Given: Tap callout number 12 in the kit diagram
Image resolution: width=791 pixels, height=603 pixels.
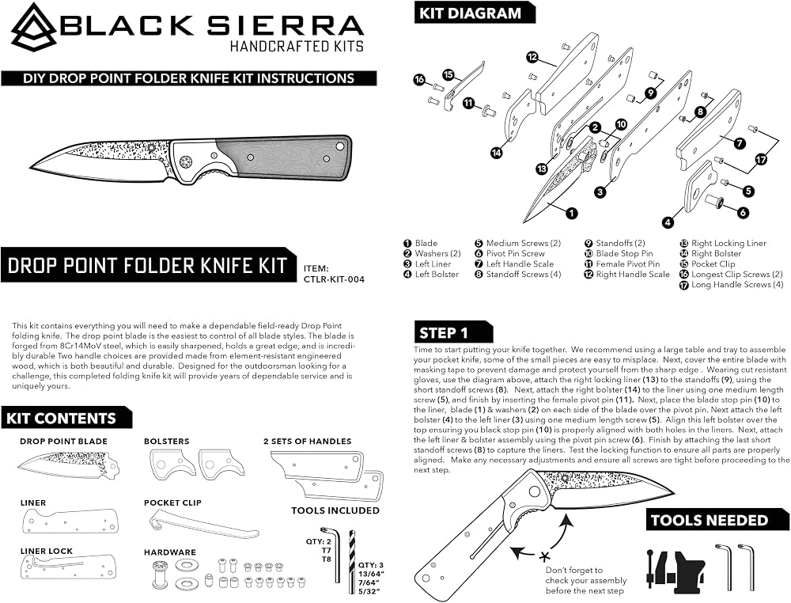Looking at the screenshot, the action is coord(532,56).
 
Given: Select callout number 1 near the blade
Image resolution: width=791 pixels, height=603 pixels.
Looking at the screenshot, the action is coord(571,214).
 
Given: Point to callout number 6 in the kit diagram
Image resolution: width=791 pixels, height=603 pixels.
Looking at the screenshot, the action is coord(743,212).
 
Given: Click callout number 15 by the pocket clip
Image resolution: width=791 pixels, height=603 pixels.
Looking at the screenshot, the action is coord(448,74).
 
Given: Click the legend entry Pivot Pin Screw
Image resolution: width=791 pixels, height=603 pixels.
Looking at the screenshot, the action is coord(510,254).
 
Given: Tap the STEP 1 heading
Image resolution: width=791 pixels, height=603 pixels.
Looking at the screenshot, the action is coord(444,333).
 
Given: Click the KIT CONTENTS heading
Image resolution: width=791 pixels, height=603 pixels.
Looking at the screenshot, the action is coord(61,419).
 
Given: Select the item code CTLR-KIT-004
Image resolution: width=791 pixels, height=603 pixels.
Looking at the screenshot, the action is coord(334,279).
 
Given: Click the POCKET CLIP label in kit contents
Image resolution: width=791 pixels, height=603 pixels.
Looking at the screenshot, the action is coord(172,503).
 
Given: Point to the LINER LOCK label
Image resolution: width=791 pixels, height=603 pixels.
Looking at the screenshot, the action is coord(47,551).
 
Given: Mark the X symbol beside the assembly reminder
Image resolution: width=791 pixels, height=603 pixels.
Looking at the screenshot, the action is coord(544,557).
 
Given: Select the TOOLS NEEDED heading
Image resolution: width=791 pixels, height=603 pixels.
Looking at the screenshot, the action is coord(710,520).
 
